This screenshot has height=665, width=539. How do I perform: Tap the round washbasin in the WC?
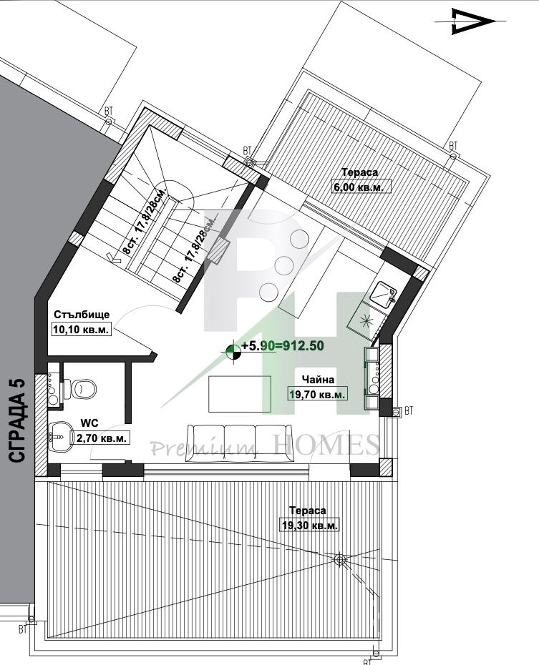[59, 437]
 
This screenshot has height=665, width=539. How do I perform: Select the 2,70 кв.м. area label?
[102, 438]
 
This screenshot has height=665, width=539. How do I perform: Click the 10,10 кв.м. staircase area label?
[81, 329]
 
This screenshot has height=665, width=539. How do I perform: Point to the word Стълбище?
[82, 315]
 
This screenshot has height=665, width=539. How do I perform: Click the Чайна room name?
[318, 380]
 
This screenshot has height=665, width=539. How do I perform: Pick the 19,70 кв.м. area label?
[318, 393]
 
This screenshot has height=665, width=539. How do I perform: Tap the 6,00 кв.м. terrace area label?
[361, 186]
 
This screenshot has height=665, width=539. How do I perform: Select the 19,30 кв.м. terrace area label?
[310, 525]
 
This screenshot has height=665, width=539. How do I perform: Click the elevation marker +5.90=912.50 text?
[283, 345]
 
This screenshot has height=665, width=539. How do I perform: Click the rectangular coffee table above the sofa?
[239, 393]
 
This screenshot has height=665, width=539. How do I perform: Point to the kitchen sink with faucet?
[383, 295]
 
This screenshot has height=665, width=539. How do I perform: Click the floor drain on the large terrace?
[339, 560]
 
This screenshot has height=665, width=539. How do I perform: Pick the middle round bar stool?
[284, 265]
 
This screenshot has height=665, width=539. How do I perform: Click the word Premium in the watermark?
[205, 447]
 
